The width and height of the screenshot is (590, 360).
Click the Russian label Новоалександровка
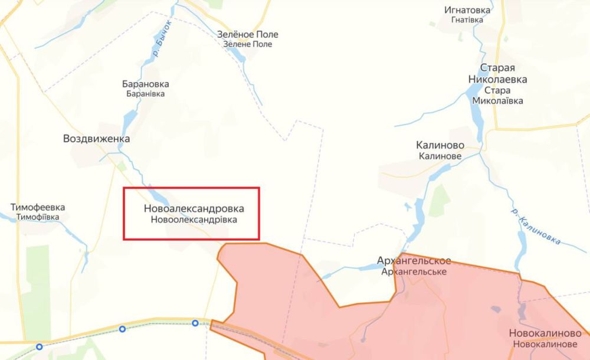194,209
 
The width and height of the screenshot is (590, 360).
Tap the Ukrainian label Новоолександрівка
194,220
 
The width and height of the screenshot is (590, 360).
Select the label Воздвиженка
96,139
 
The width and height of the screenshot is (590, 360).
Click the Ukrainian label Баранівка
145,93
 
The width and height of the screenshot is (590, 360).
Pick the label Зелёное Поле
248,34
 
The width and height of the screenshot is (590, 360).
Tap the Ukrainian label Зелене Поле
248,44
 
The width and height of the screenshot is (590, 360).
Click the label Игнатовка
468,9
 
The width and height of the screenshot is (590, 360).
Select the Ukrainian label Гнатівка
467,19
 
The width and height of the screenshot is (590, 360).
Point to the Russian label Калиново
440,145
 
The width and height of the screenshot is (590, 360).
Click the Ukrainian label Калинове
440,156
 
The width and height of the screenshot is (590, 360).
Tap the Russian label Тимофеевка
38,207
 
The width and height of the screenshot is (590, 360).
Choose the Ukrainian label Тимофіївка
38,217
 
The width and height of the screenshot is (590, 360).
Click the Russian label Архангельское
414,261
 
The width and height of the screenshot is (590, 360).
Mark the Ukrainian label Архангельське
414,271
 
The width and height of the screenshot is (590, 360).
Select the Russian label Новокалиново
545,333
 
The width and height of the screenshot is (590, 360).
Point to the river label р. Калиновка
536,226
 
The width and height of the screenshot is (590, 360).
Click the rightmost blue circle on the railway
195,323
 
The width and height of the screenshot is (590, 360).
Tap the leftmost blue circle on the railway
39,347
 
